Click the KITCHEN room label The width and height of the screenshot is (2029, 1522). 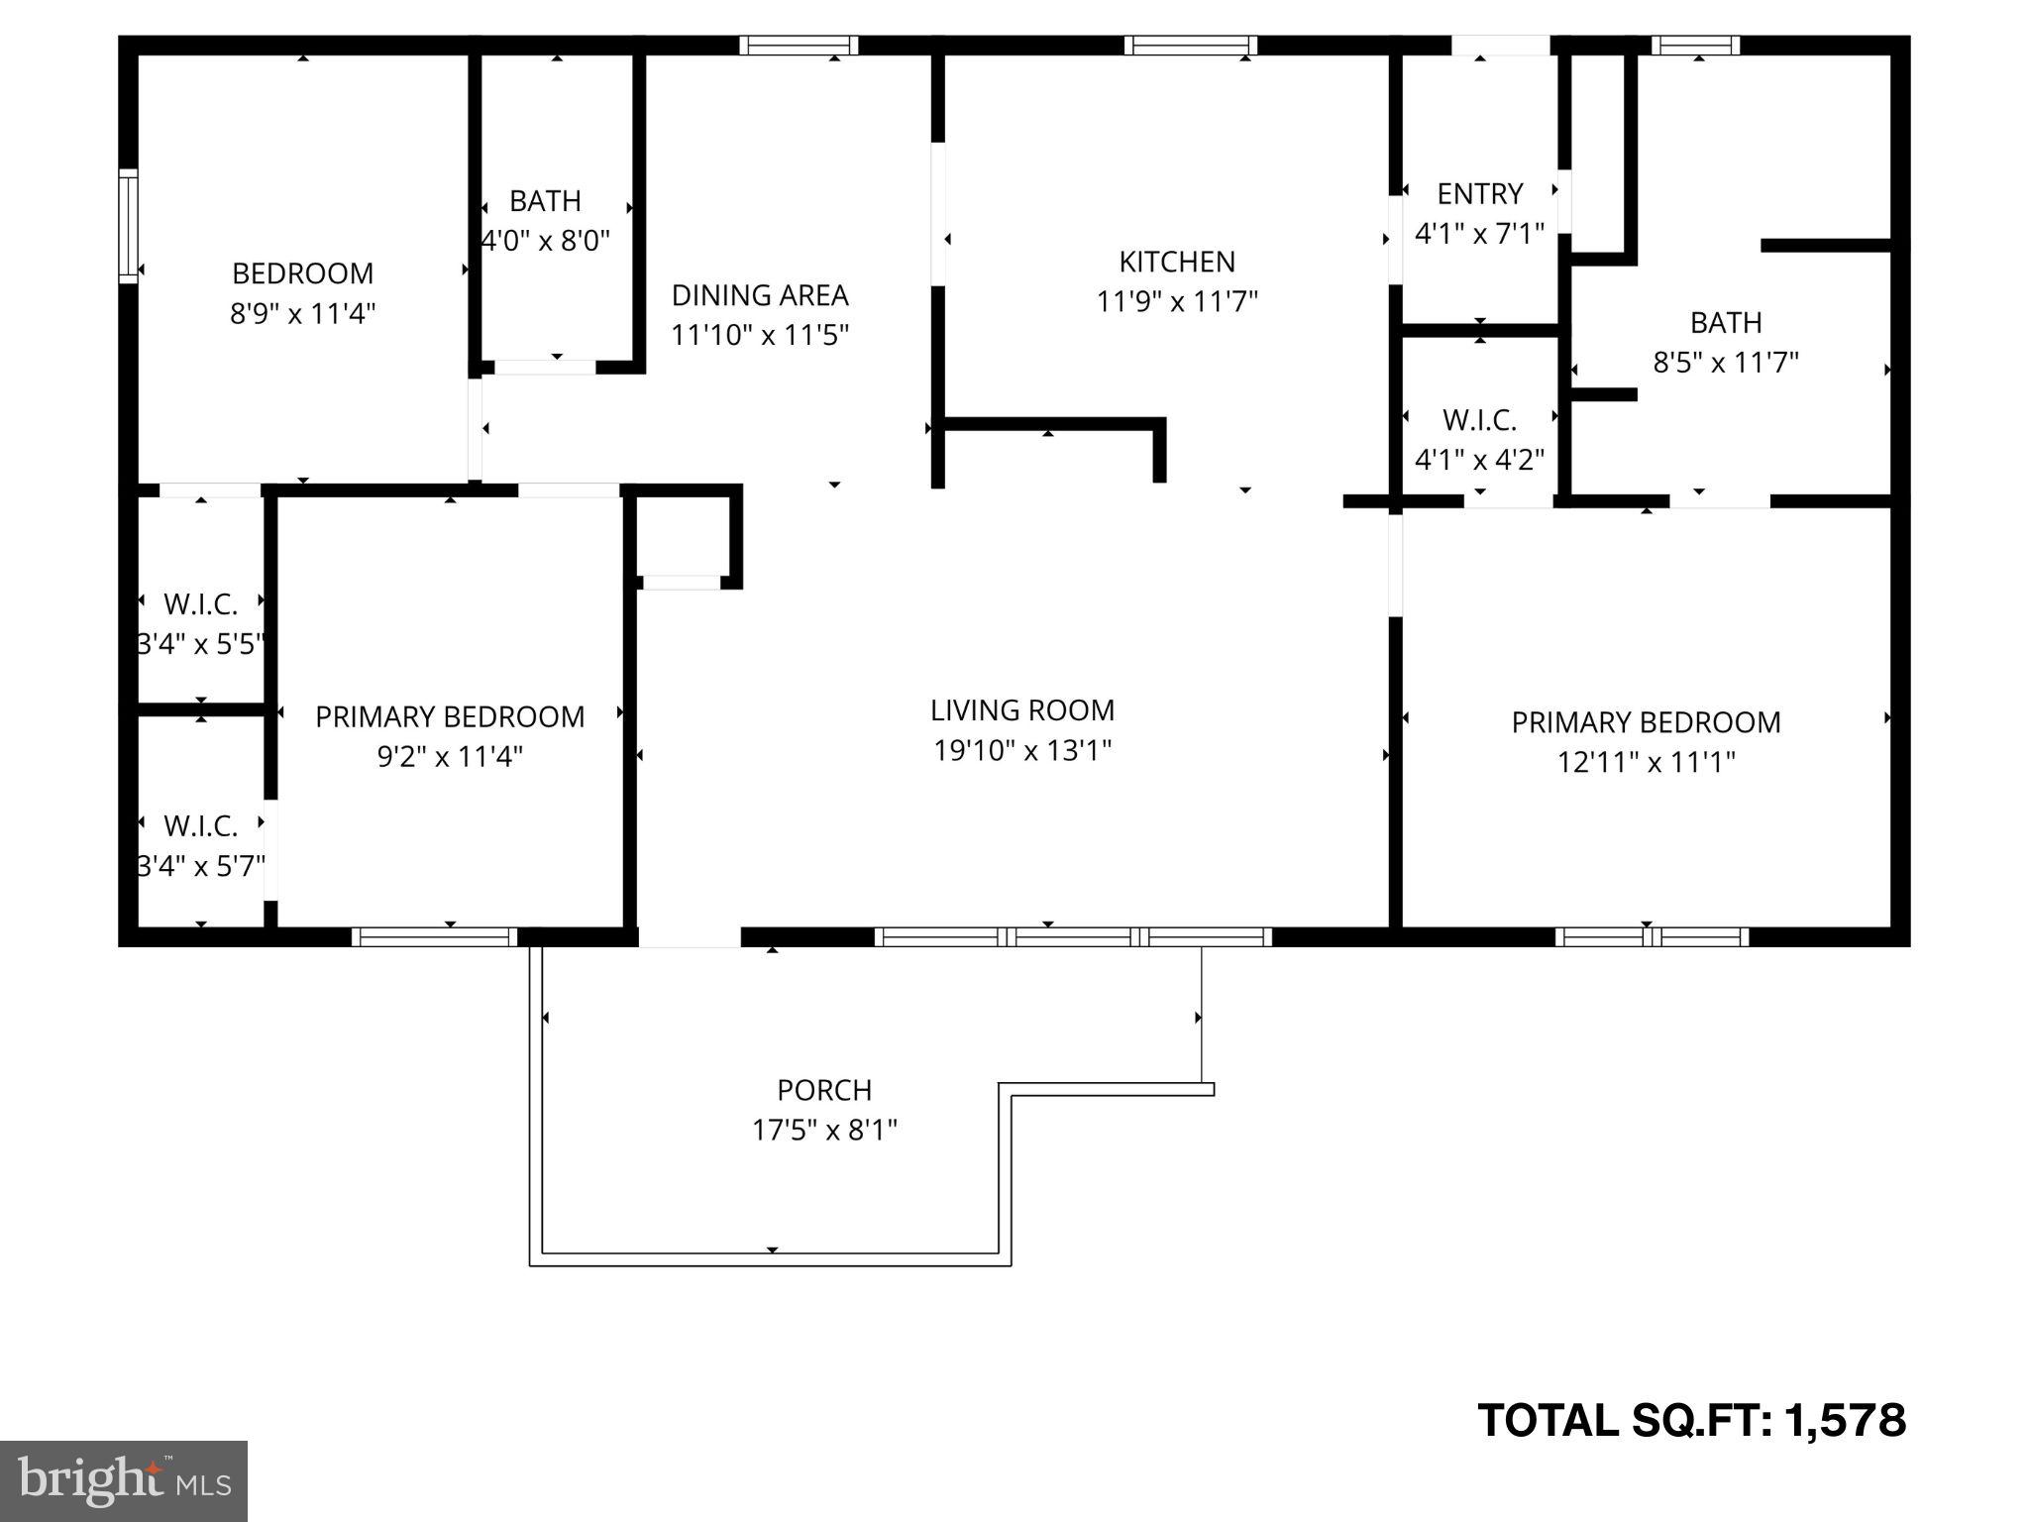(1177, 262)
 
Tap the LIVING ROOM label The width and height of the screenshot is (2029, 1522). (1021, 710)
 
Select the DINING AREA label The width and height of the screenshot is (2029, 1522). (760, 295)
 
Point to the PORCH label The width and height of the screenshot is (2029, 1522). (824, 1090)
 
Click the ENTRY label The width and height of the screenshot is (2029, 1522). (1479, 193)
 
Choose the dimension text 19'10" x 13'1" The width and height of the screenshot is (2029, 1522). (1022, 751)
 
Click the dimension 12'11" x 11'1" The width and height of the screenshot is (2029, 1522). (1646, 762)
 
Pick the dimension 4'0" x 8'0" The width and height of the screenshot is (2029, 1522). (545, 241)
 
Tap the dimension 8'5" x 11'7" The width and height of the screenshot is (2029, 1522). (1725, 363)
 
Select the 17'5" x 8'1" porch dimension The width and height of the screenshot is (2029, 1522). (824, 1131)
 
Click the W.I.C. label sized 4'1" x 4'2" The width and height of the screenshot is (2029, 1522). (1479, 420)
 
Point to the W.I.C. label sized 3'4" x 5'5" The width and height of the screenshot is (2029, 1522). (200, 603)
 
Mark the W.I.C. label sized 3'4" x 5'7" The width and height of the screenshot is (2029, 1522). (200, 825)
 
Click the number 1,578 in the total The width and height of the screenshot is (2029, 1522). (1845, 1420)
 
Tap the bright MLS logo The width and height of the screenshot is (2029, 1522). (124, 1480)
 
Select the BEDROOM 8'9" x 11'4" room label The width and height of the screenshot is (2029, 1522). (302, 273)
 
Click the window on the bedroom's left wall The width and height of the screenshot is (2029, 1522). (128, 226)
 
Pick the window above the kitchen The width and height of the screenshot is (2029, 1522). (1190, 45)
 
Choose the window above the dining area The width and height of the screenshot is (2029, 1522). (799, 45)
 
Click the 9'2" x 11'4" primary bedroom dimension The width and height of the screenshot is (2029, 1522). (450, 757)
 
